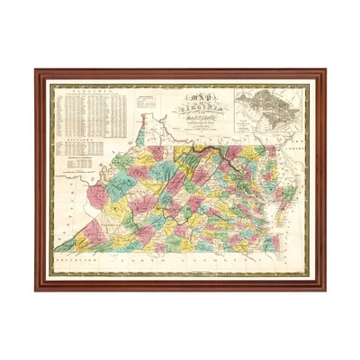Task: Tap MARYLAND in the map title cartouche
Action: tap(192, 111)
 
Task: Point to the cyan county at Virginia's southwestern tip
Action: tap(67, 243)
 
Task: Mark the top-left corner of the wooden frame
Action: tap(35, 69)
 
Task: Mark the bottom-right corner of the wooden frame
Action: tap(326, 290)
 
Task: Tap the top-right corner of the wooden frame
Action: tap(326, 69)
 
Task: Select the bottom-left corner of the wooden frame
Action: tap(35, 290)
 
